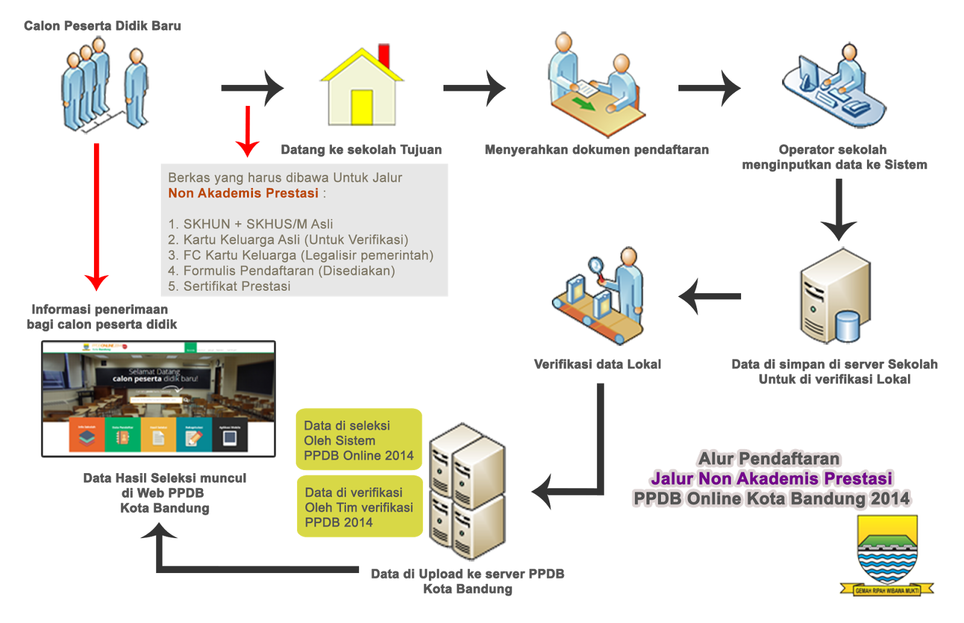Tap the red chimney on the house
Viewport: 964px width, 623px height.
[383, 55]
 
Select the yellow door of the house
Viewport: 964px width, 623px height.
[362, 107]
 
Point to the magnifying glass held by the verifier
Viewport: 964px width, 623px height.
[596, 265]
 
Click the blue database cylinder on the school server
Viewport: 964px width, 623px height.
[847, 326]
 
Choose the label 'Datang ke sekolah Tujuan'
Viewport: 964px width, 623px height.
[361, 150]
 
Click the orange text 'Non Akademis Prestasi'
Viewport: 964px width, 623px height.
[243, 193]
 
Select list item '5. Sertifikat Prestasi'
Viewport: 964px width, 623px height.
[230, 287]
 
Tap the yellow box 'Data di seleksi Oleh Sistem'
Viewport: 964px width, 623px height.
[359, 440]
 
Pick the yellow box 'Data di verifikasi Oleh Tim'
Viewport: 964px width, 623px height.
[360, 507]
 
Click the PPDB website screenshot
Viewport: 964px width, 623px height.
[158, 398]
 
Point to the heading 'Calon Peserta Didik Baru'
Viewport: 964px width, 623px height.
[102, 26]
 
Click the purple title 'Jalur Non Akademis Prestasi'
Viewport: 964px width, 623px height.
[771, 479]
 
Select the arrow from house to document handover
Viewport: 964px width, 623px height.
[474, 88]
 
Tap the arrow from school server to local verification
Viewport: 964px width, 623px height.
[710, 296]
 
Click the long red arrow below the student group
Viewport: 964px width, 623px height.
[96, 217]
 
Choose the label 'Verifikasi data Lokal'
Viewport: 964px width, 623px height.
[598, 364]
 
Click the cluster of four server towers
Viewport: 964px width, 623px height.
[468, 491]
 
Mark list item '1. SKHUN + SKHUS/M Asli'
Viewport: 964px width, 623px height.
[251, 224]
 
